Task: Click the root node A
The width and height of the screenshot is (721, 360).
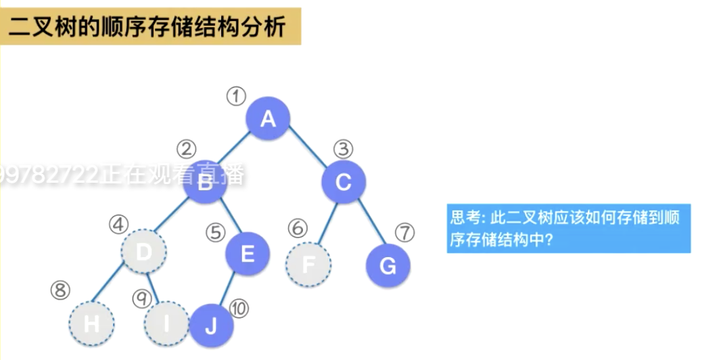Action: tap(268, 118)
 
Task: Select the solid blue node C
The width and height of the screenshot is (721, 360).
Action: tap(344, 181)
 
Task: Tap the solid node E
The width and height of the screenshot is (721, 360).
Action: tap(248, 254)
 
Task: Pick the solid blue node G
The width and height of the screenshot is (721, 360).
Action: tap(388, 265)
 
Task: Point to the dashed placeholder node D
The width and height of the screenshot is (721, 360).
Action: tap(143, 252)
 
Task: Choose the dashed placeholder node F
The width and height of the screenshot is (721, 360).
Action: tap(308, 264)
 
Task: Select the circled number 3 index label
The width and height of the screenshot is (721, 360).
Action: tap(344, 148)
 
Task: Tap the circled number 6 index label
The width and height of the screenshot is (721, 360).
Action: tap(296, 228)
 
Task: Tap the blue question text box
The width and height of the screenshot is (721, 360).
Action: tap(568, 229)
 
